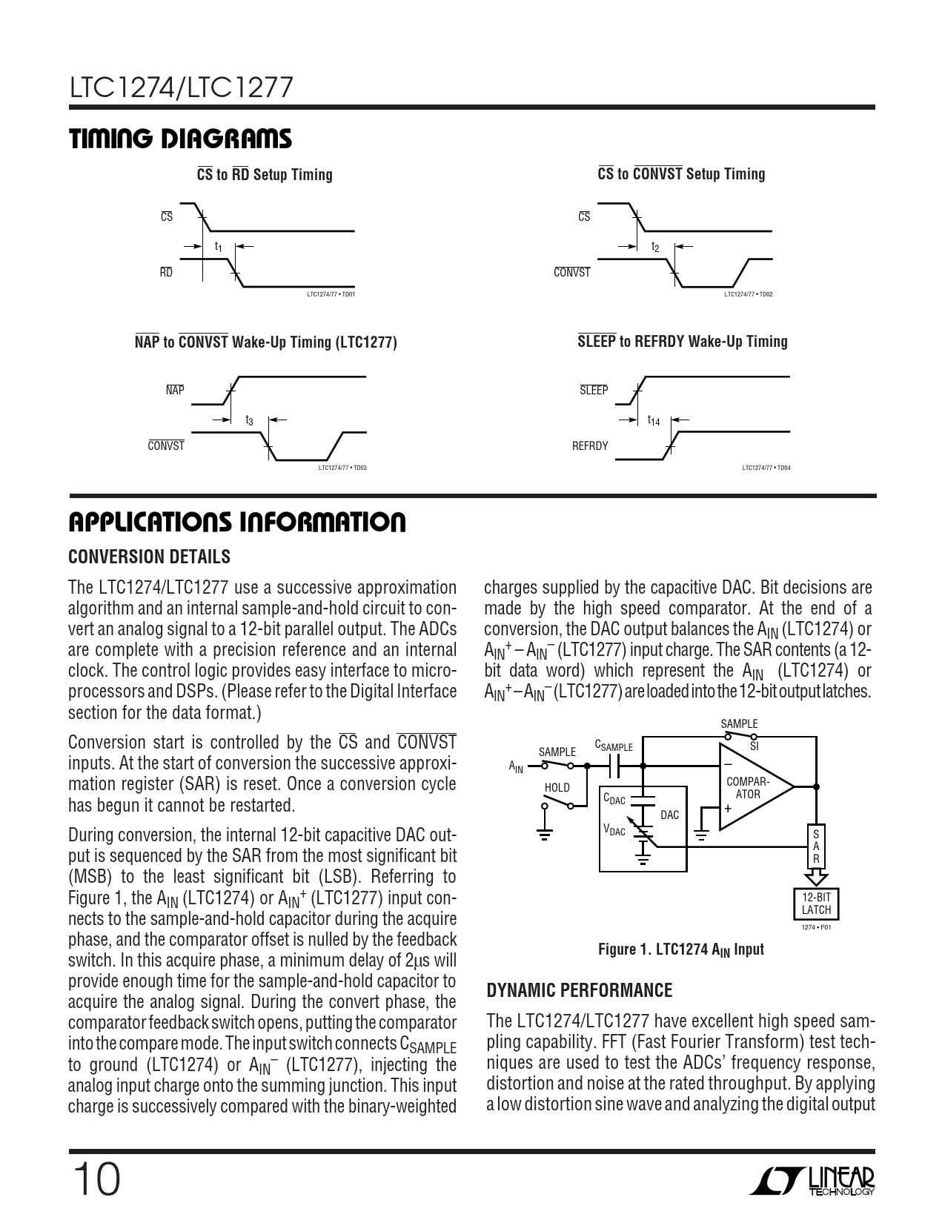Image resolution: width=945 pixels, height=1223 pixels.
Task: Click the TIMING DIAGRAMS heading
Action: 180,139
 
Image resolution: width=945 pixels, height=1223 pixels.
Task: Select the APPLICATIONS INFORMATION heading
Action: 237,523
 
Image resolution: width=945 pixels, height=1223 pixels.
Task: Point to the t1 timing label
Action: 218,246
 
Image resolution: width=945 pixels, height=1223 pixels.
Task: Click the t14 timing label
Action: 654,420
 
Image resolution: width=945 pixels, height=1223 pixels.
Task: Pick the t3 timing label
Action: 249,420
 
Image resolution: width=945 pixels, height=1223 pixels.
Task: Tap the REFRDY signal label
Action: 590,445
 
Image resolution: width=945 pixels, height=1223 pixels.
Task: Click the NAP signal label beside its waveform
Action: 175,391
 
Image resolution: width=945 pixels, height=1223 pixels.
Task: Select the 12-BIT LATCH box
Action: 816,904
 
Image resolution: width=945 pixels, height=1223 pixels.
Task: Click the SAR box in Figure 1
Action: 816,846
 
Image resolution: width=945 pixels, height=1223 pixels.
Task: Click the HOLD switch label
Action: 557,787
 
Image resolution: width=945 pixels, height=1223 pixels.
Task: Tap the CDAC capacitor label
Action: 614,799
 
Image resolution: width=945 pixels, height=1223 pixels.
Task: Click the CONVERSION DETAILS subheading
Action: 149,557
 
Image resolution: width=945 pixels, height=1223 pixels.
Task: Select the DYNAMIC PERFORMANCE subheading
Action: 580,990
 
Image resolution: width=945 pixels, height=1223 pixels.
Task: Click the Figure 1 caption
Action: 680,949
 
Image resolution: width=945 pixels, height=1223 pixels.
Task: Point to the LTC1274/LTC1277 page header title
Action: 182,88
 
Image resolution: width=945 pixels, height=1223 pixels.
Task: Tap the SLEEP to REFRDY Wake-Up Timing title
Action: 682,342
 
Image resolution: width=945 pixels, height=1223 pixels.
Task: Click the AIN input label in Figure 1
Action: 516,767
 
